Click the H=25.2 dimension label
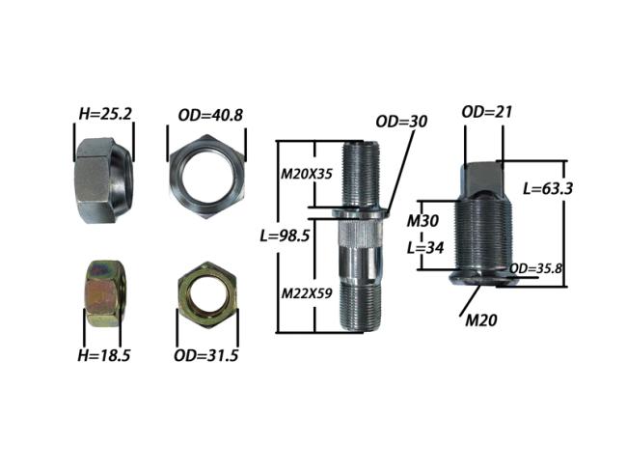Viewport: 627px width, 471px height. click(x=105, y=115)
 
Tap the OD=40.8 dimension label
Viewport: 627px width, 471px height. click(x=210, y=115)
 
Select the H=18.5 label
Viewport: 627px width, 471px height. click(x=104, y=355)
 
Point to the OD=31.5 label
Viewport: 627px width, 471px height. click(x=205, y=355)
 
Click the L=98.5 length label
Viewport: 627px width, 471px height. click(x=285, y=235)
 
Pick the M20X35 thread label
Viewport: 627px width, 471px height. click(x=307, y=174)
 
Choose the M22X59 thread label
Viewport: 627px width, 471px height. click(x=307, y=293)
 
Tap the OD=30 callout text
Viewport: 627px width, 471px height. click(x=401, y=122)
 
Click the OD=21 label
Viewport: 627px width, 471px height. click(x=486, y=112)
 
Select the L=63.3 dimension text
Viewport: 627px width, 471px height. click(x=548, y=188)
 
